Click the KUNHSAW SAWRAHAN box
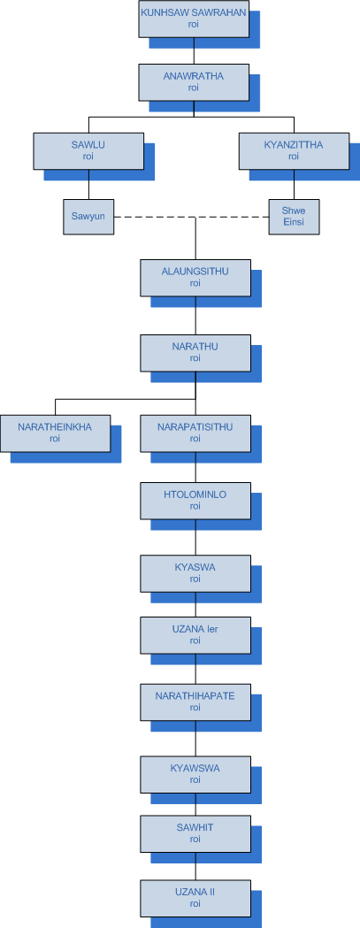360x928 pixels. [194, 19]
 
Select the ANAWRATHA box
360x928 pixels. [194, 82]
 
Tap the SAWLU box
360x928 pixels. [88, 151]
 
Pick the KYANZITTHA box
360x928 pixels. [294, 151]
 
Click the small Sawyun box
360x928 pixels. [88, 217]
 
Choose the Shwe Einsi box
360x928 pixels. [294, 217]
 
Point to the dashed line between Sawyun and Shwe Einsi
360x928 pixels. [191, 218]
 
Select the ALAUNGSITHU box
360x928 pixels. [195, 278]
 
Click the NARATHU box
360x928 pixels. [195, 353]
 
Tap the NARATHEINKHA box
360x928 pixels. [55, 433]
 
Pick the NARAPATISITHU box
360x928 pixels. [195, 433]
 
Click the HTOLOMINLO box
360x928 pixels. [195, 501]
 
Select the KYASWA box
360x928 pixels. [195, 573]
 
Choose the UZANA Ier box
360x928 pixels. [195, 635]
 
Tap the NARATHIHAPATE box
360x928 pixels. [195, 702]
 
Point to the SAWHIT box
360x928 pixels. [195, 833]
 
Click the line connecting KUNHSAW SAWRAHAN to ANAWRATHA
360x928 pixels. [194, 51]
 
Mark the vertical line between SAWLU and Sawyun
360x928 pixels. [88, 184]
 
